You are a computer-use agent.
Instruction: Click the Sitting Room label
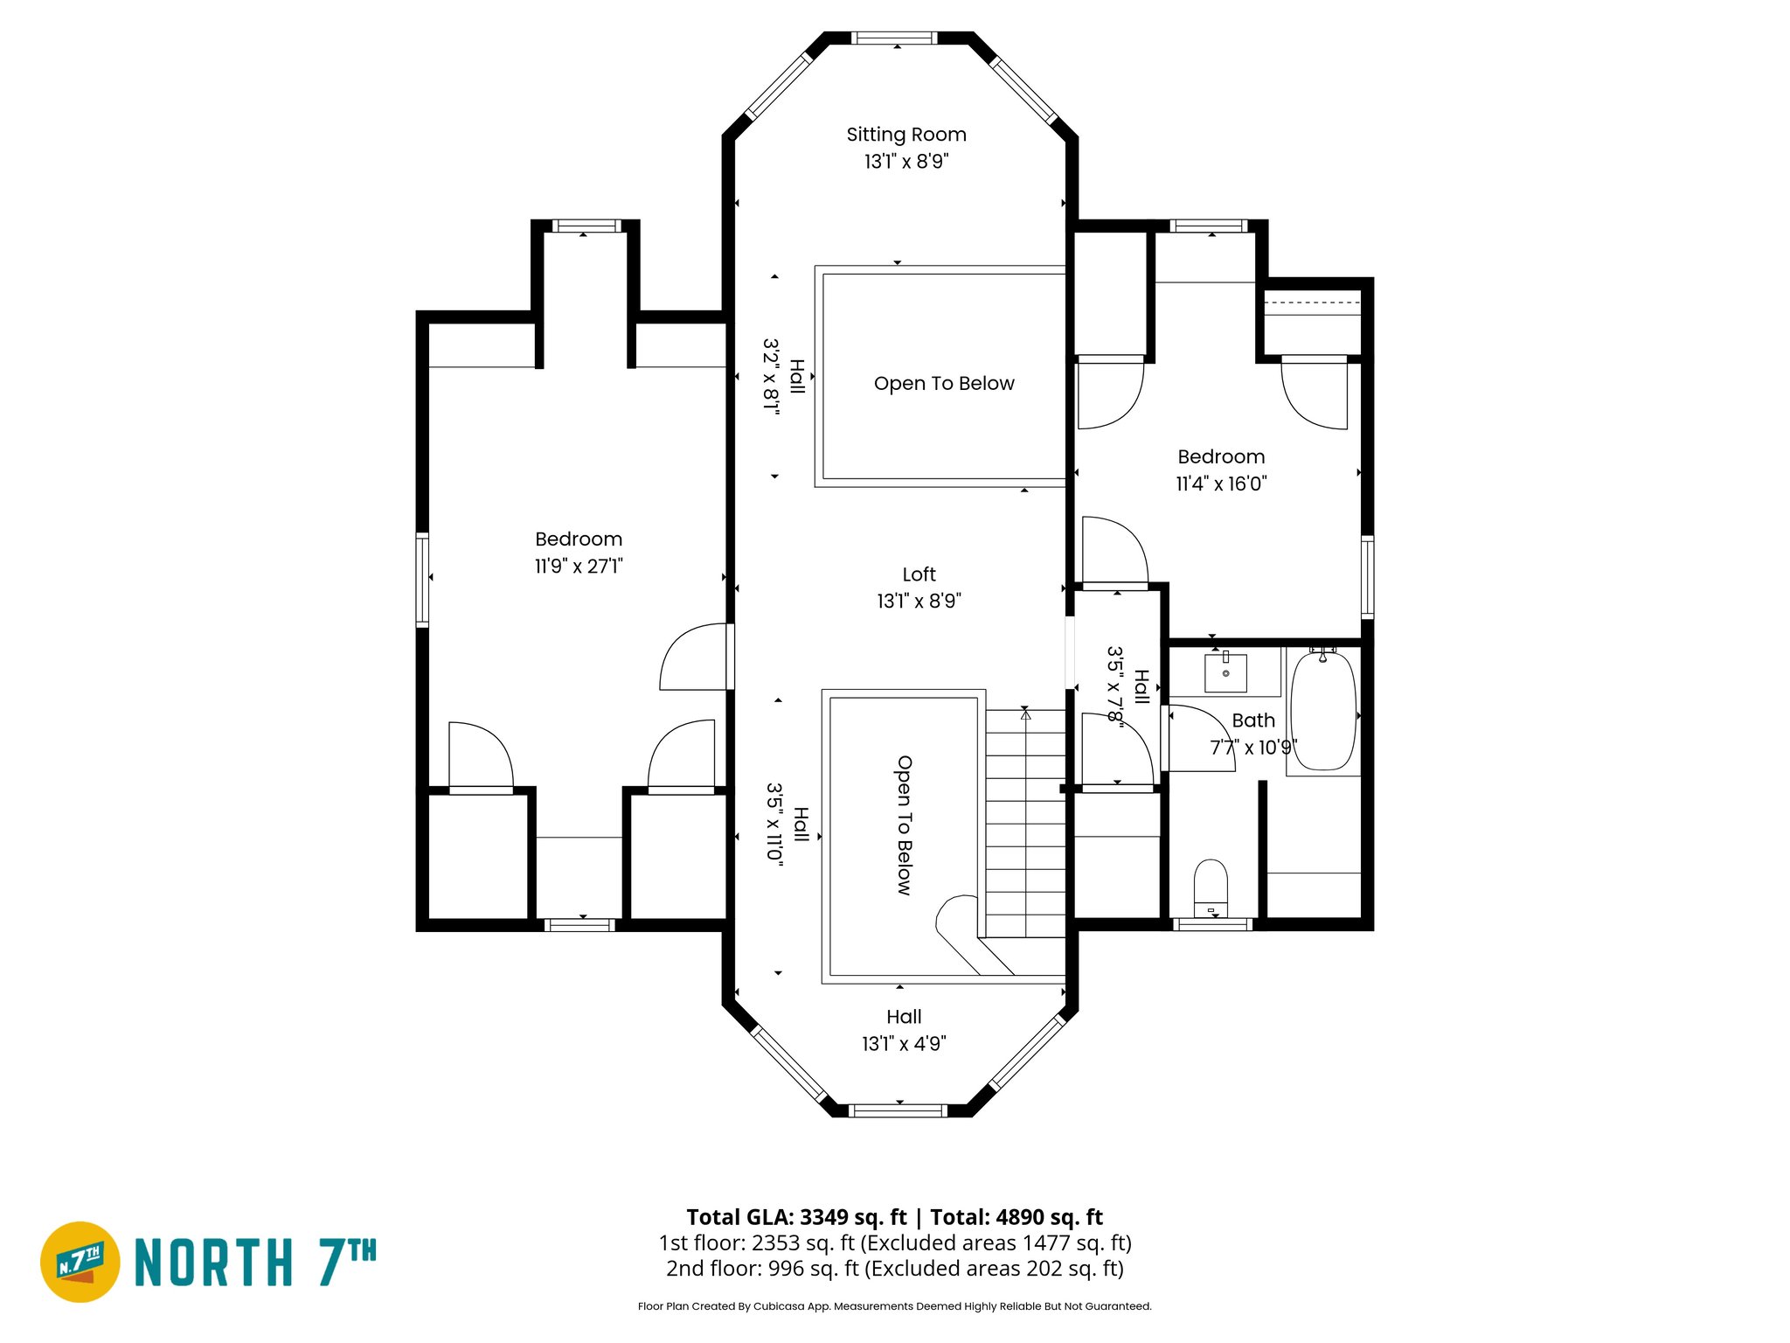coord(906,135)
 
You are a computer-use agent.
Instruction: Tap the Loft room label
coord(919,574)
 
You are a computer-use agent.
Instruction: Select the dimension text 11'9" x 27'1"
coord(579,567)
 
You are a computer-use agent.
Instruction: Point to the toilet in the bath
coord(1211,885)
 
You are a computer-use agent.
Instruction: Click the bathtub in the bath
coord(1323,711)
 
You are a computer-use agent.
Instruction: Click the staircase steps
coord(1025,822)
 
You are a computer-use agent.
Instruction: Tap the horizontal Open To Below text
coord(944,384)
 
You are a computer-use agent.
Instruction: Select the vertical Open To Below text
coord(904,825)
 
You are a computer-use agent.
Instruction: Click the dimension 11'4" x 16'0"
coord(1221,484)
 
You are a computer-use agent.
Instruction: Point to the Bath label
coord(1253,720)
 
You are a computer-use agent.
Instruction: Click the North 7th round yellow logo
coord(80,1262)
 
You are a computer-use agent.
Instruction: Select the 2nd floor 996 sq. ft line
coord(895,1269)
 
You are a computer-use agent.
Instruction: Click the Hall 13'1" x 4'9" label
coord(904,1030)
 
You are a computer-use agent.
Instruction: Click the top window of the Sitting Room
coord(894,38)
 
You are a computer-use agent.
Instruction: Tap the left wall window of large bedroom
coord(422,579)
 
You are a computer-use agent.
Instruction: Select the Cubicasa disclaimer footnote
coord(894,1306)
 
